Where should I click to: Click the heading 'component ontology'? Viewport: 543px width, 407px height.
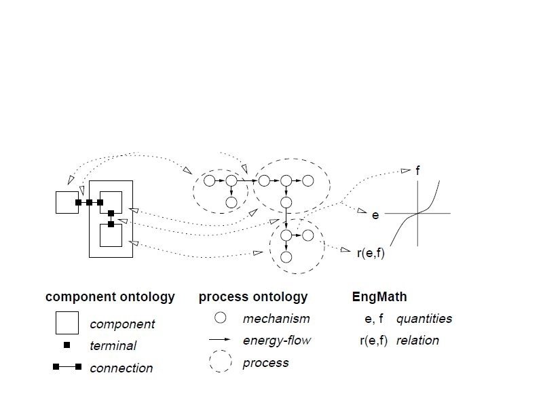[x=110, y=297]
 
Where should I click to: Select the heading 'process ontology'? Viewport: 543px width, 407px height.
[x=252, y=297]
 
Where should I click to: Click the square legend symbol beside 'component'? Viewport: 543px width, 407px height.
[x=67, y=324]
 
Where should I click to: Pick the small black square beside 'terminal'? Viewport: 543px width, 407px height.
[x=67, y=345]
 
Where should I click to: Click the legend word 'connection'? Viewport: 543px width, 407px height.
[x=121, y=368]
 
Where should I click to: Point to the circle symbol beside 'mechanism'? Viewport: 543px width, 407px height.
[x=221, y=318]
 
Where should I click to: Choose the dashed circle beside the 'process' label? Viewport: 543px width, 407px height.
[x=221, y=362]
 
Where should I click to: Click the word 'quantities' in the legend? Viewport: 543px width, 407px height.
[x=424, y=319]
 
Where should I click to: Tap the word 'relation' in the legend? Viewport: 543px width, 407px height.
[x=417, y=341]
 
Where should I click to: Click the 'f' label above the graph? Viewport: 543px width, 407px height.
[x=417, y=172]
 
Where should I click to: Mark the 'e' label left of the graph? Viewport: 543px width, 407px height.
[x=375, y=215]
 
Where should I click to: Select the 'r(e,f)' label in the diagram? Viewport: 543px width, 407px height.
[x=371, y=254]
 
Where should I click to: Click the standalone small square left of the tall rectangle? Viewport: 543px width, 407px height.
[x=67, y=202]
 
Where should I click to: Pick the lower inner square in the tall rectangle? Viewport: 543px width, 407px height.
[x=111, y=235]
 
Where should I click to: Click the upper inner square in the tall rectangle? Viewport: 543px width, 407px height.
[x=111, y=202]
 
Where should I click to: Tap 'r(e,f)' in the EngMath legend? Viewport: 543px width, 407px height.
[x=373, y=341]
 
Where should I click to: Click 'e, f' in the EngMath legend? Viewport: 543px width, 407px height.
[x=375, y=319]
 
